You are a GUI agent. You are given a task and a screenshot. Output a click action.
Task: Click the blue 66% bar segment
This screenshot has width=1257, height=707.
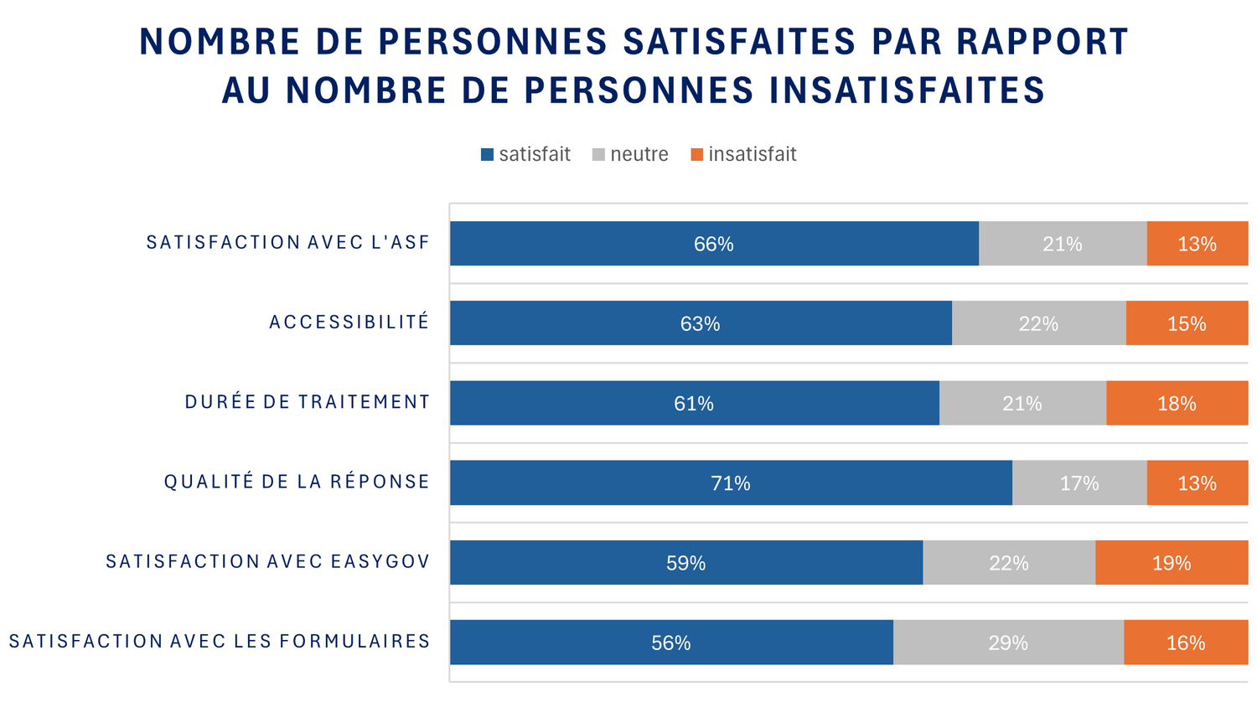point(714,244)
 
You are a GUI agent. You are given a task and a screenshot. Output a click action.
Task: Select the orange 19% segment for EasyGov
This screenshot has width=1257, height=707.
point(1171,563)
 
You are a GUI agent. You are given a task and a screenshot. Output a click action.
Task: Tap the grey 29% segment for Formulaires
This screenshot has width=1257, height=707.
point(1008,642)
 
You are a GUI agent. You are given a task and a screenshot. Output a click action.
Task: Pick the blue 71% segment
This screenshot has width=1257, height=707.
point(731,483)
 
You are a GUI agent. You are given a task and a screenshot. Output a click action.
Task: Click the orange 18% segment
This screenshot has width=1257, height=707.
point(1177,404)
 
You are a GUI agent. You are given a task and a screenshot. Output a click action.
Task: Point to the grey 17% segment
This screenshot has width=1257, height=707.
point(1079,483)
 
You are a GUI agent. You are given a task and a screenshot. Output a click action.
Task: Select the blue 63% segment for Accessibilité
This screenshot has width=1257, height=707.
point(701,323)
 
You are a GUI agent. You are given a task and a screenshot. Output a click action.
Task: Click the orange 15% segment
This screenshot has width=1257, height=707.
point(1187,323)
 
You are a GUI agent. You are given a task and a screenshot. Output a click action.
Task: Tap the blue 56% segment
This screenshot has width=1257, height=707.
point(671,642)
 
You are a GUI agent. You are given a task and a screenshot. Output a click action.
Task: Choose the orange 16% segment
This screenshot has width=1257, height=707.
point(1186,642)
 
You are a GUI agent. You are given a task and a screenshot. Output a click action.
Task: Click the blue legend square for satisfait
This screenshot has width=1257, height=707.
point(487,155)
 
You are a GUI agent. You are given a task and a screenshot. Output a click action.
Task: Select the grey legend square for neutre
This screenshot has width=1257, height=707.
point(598,155)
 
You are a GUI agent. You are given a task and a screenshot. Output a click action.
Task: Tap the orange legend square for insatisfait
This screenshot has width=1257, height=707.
point(696,155)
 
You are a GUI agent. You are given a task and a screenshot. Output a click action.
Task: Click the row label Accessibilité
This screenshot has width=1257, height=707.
point(349,323)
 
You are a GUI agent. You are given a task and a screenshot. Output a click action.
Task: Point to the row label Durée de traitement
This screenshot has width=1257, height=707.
point(308,402)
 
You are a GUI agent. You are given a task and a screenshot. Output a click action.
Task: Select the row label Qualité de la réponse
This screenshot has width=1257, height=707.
point(297,482)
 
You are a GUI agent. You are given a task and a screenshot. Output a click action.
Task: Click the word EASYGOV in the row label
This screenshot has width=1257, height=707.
point(380,561)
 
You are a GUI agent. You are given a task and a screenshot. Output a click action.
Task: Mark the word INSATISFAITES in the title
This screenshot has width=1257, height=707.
point(908,90)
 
